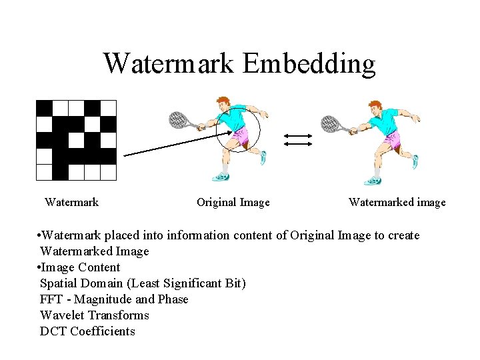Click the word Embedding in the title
coord(309,64)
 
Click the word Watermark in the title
coord(169,64)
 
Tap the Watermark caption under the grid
coord(71,202)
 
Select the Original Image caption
coord(233,202)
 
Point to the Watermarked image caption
coord(397,202)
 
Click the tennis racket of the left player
coord(178,119)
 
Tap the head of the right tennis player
coord(376,106)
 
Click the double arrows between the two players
coord(297,139)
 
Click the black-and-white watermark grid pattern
coord(76,140)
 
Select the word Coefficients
coord(103,331)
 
